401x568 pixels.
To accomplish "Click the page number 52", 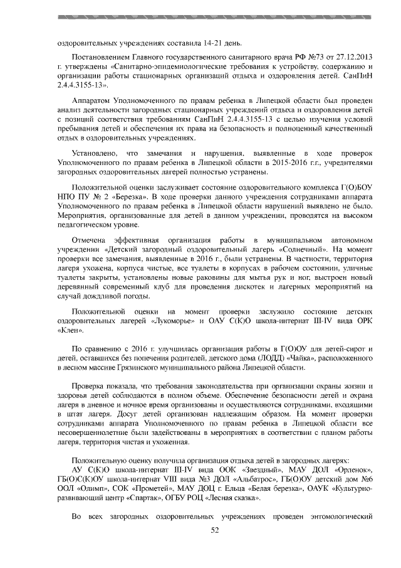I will [215, 530].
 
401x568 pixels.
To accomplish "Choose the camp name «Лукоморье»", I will [176, 321].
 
